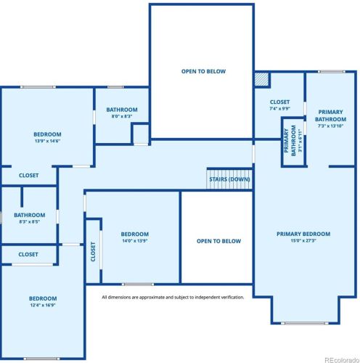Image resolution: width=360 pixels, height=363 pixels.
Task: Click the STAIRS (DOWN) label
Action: (229, 179)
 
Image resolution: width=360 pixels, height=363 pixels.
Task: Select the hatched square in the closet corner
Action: (261, 78)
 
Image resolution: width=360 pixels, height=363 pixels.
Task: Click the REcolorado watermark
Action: (340, 357)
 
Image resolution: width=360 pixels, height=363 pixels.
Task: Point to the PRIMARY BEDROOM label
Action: (303, 234)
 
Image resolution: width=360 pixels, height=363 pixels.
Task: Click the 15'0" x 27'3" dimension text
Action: (303, 241)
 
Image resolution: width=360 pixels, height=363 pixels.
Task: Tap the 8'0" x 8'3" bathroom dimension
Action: (121, 116)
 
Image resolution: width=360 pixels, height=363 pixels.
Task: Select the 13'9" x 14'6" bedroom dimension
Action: (47, 141)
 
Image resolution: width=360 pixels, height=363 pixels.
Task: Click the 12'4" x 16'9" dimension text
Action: (43, 306)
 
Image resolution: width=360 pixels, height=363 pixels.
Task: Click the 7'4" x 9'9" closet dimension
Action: (279, 109)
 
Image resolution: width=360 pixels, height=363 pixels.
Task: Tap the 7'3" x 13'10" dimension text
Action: (330, 126)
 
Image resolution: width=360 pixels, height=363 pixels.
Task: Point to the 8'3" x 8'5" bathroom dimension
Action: (29, 221)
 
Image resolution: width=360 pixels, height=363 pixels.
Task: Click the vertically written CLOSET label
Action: (93, 251)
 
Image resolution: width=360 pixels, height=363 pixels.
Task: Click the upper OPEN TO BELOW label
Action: (203, 71)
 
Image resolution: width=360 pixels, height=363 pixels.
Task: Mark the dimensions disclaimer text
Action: (173, 297)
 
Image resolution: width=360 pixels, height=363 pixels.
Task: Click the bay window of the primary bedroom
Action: (304, 323)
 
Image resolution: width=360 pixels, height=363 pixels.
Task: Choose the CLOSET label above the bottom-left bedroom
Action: (28, 254)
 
